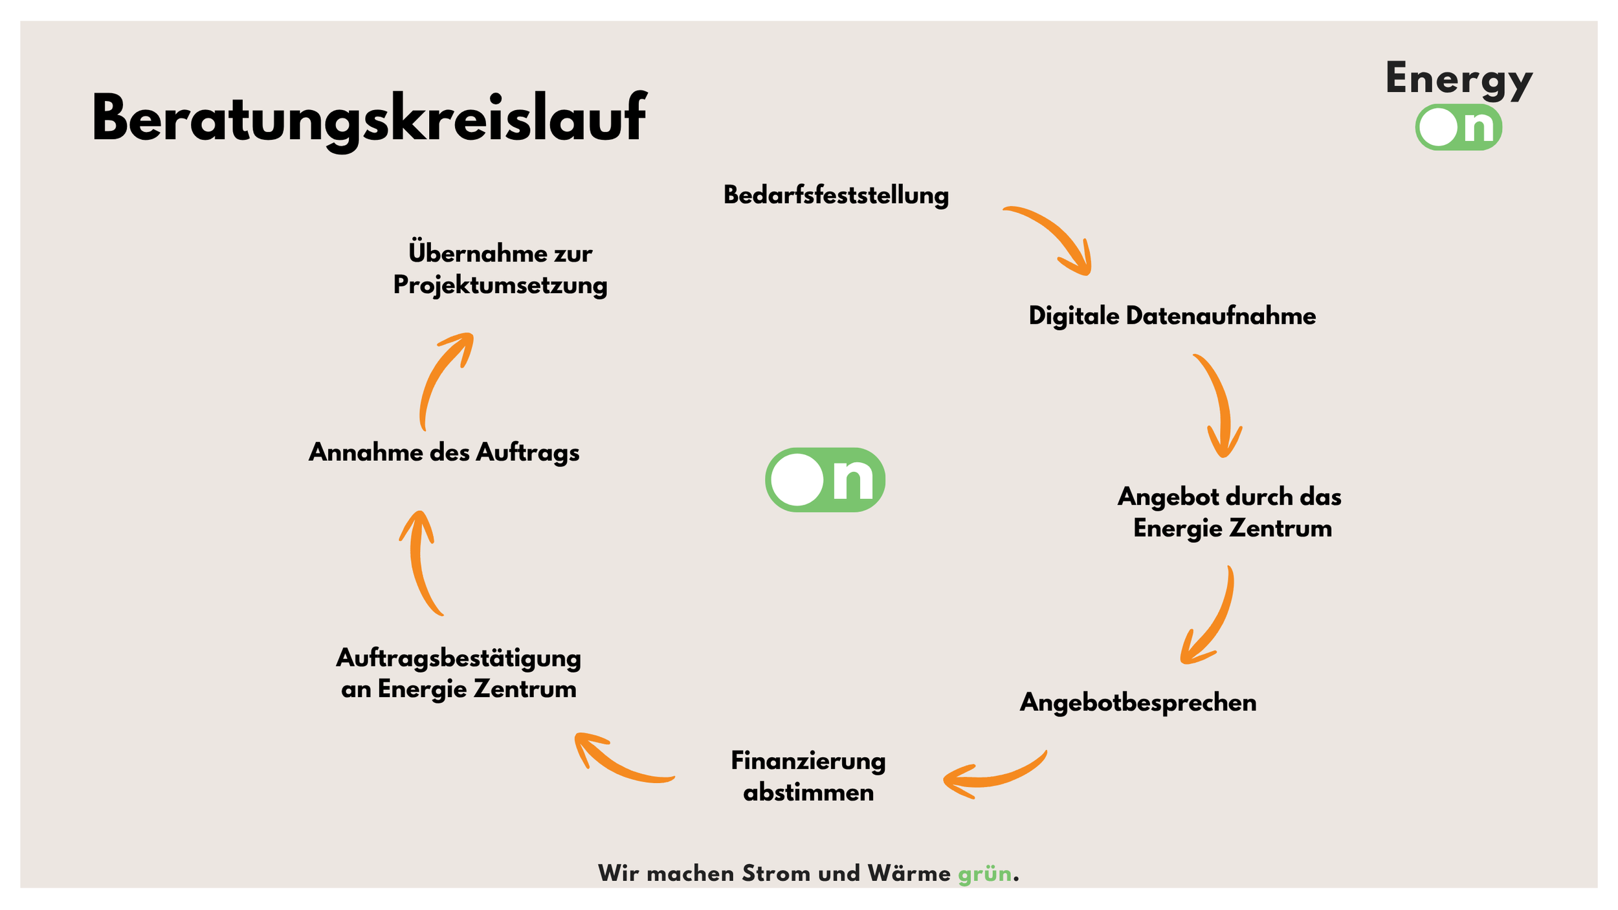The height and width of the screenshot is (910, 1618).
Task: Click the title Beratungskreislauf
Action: (369, 120)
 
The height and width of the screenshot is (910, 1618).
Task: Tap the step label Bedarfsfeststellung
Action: (836, 195)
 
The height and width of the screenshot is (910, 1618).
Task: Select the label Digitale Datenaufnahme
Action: (1172, 316)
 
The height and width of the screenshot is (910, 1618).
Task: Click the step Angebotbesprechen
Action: (1138, 704)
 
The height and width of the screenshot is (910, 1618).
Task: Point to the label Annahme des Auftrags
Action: (444, 453)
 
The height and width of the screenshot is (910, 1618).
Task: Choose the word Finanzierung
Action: (808, 762)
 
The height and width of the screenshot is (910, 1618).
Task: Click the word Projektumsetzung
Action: (500, 285)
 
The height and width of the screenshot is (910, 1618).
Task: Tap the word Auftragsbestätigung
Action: (458, 659)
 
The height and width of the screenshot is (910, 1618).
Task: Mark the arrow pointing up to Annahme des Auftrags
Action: (417, 563)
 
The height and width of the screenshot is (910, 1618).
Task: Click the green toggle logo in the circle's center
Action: (825, 480)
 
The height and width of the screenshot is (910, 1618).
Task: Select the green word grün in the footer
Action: (984, 874)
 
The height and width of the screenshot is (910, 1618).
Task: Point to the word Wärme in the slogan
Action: (909, 873)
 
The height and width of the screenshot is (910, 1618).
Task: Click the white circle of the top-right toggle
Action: (1438, 128)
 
